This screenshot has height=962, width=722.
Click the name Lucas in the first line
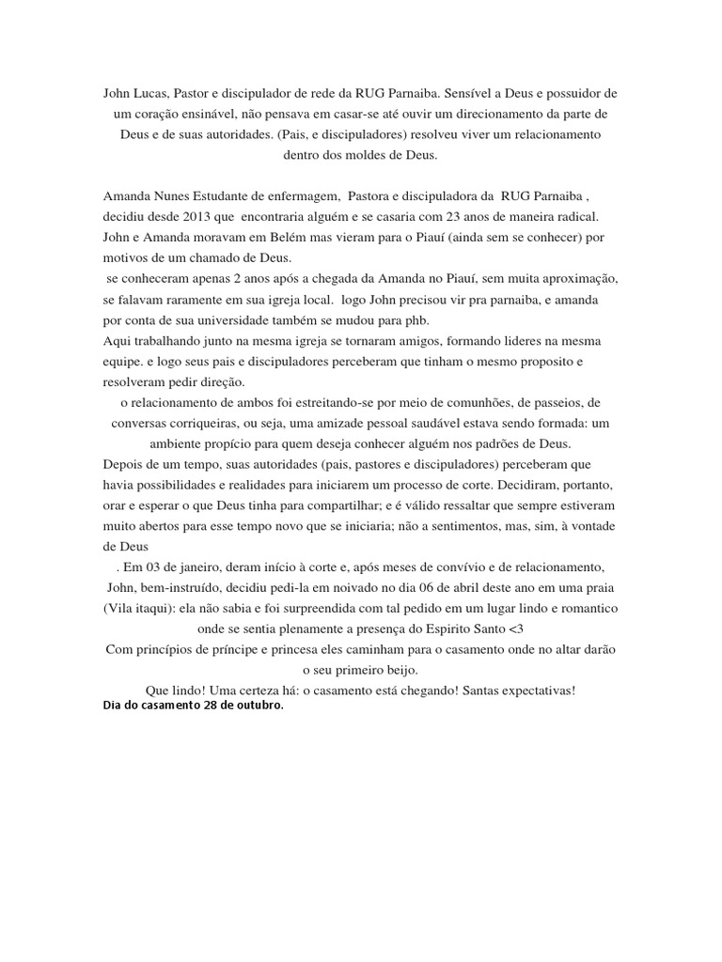pyautogui.click(x=152, y=95)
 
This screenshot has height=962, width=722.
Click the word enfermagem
pyautogui.click(x=302, y=196)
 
